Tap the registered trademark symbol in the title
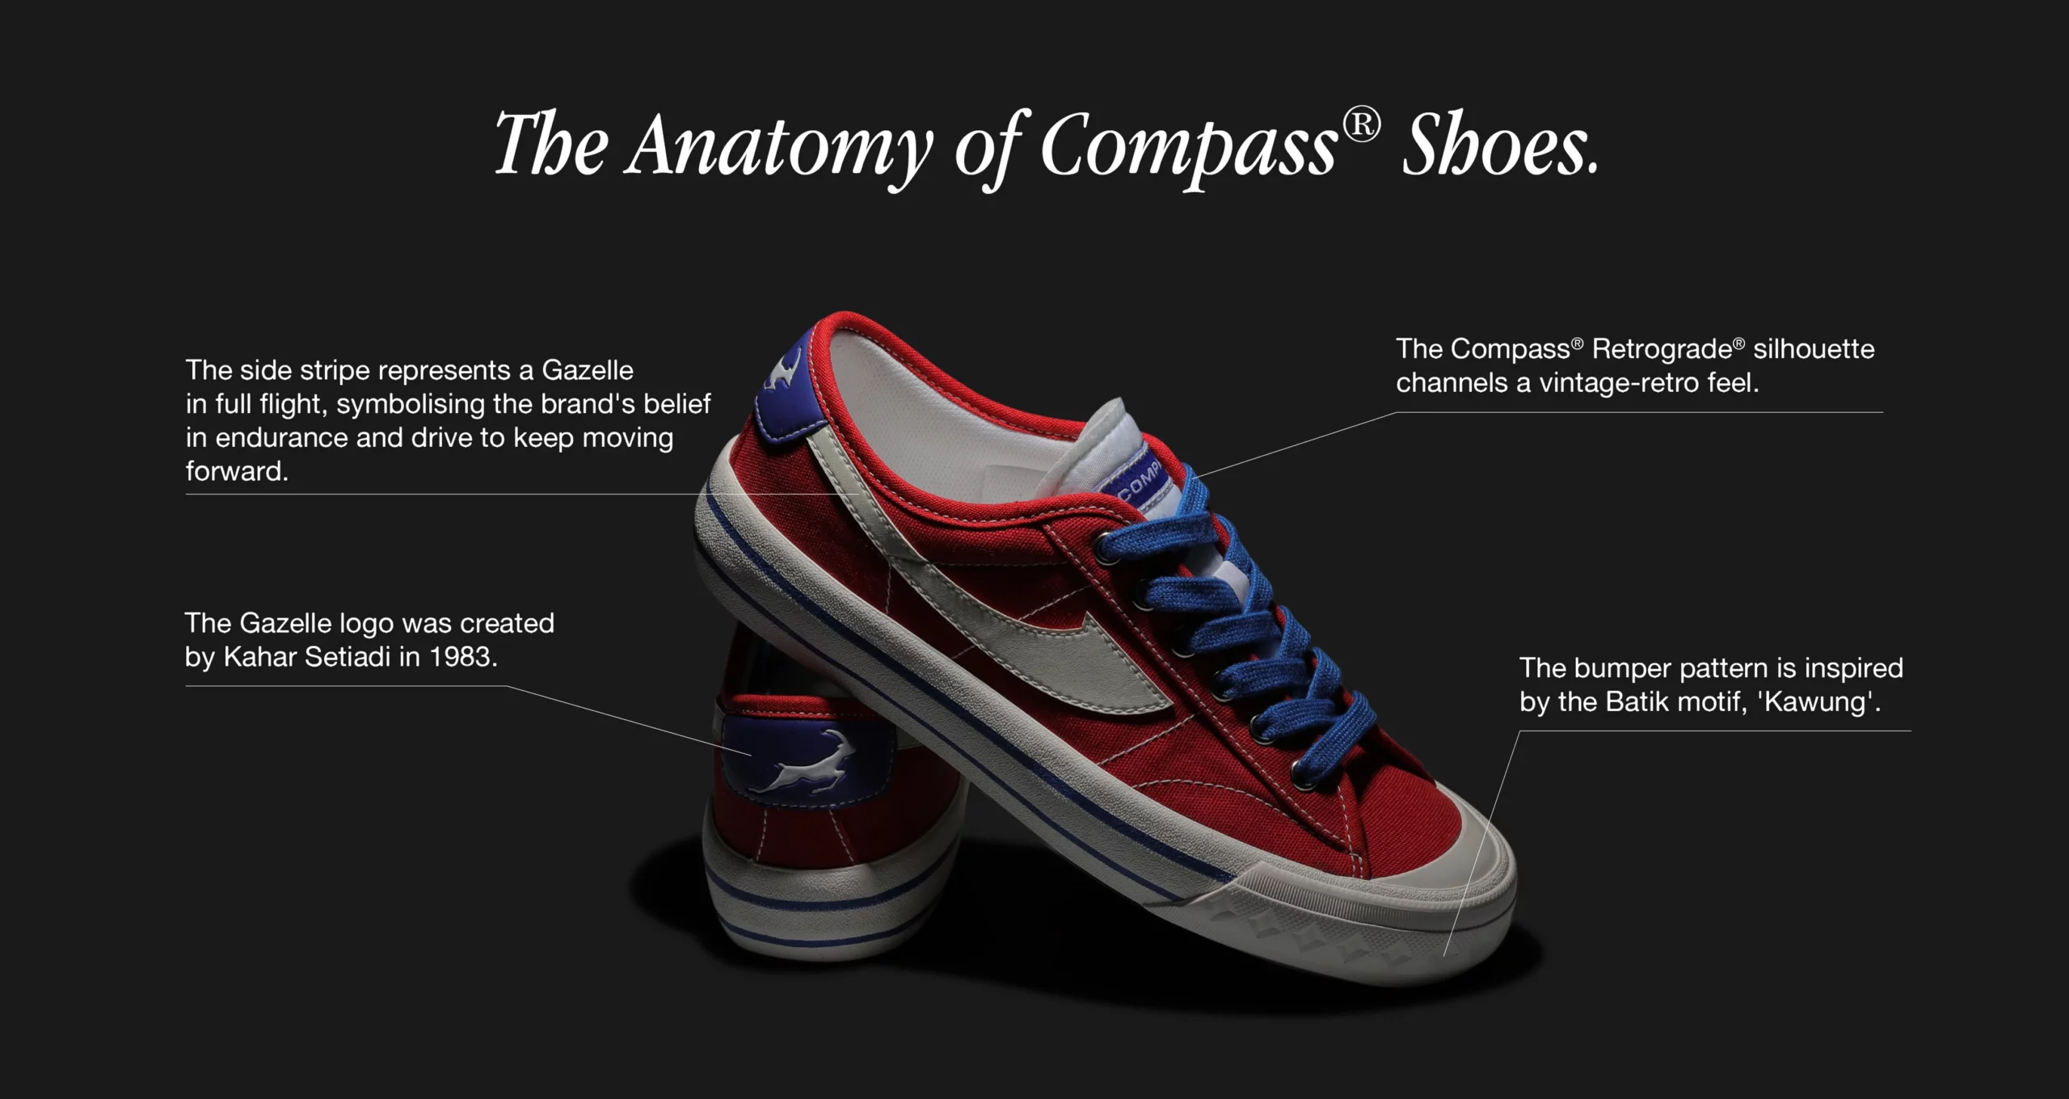click(x=1361, y=125)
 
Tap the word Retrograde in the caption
click(x=1662, y=350)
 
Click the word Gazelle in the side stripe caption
click(x=588, y=370)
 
